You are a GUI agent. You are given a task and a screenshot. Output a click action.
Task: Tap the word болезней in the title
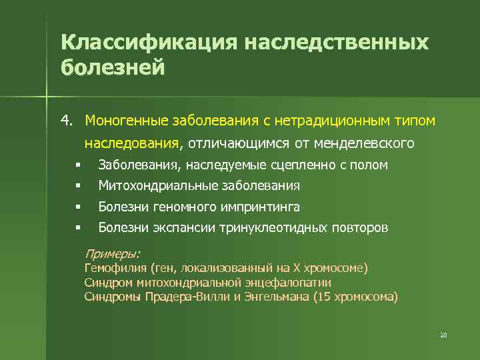[112, 68]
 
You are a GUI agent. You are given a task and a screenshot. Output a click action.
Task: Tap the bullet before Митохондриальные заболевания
[78, 186]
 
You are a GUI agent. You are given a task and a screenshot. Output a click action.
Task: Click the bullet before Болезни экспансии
[78, 228]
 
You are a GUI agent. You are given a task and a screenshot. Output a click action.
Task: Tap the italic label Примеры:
[113, 253]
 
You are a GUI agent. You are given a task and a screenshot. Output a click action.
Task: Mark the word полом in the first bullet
[373, 165]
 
